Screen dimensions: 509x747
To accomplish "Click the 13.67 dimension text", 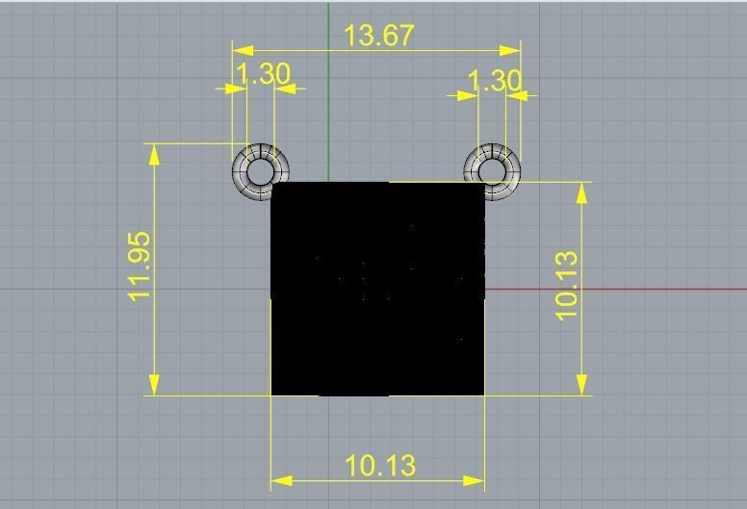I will click(x=378, y=36).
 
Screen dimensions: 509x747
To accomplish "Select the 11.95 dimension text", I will click(x=141, y=267).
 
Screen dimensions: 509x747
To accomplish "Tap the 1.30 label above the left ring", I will click(x=262, y=74).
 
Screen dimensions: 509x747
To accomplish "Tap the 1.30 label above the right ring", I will click(x=494, y=81).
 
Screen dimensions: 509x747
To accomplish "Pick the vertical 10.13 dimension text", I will click(x=567, y=285).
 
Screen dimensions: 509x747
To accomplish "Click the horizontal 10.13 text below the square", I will click(x=380, y=466).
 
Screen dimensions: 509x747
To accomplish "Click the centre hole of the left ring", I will click(x=259, y=171).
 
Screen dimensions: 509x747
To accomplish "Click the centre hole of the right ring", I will click(x=492, y=171).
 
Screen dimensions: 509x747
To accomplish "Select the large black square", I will click(x=377, y=289).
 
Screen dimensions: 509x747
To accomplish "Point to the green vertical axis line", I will click(x=329, y=96).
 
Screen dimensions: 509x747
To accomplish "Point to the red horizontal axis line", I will click(x=616, y=288).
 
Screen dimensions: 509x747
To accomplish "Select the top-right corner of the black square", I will click(x=483, y=183).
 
